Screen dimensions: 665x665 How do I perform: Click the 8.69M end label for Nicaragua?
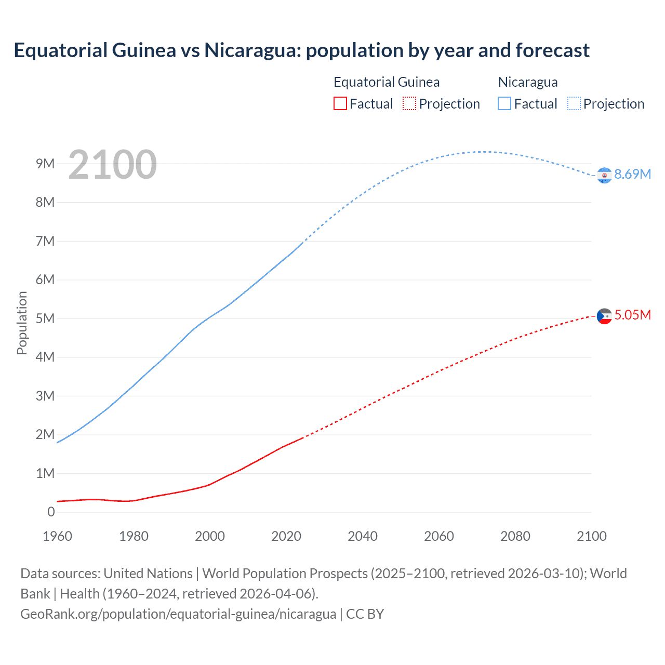(x=632, y=174)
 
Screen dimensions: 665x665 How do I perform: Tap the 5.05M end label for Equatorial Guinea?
(x=632, y=315)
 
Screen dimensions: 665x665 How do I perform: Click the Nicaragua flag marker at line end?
(x=604, y=176)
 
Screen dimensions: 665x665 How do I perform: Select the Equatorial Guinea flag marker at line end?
(x=604, y=316)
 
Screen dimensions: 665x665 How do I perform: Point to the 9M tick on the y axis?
(x=45, y=164)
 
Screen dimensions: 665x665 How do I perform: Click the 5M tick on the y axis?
(x=45, y=318)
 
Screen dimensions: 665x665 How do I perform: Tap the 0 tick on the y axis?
(x=51, y=512)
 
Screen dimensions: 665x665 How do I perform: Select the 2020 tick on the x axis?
(x=286, y=536)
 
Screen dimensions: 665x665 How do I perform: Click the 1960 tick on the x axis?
(x=57, y=536)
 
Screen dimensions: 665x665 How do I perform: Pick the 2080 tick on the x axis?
(x=515, y=536)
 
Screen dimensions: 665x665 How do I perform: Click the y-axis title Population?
(x=22, y=323)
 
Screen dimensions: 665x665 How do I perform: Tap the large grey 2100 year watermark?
(x=112, y=165)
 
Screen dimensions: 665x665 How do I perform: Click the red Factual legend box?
(x=340, y=103)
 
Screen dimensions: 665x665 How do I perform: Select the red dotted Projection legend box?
(x=409, y=103)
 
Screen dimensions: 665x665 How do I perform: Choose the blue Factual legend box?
(x=504, y=103)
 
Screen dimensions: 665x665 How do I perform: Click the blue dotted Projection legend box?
(x=574, y=103)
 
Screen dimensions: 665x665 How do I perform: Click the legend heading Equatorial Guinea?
(x=387, y=82)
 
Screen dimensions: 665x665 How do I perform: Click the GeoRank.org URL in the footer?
(x=178, y=614)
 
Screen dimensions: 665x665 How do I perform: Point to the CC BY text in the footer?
(x=365, y=614)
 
